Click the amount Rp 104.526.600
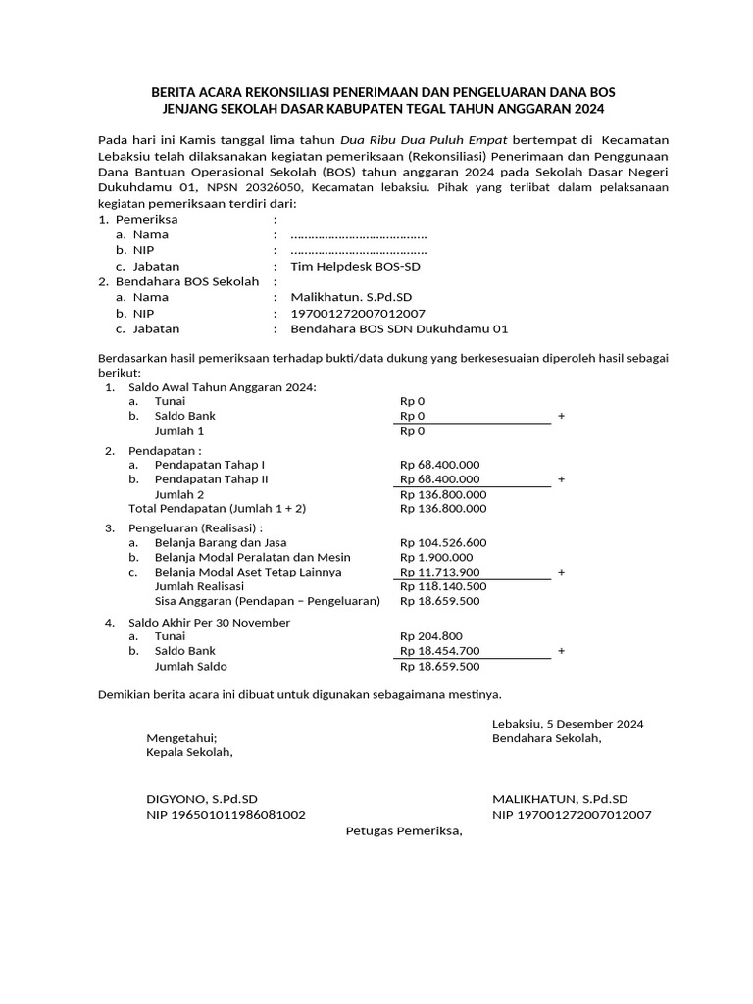point(443,542)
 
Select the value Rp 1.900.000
point(435,557)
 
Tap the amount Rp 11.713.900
point(439,572)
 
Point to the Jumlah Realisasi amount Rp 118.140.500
point(443,586)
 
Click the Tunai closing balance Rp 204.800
point(430,635)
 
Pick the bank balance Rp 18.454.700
point(439,650)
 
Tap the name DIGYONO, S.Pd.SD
point(202,799)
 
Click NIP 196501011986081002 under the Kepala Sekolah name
point(226,814)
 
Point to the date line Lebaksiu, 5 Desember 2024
point(568,724)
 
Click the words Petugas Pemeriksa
point(403,831)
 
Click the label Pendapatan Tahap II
point(211,479)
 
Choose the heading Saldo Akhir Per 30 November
point(210,622)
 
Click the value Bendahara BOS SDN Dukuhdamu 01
point(392,329)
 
